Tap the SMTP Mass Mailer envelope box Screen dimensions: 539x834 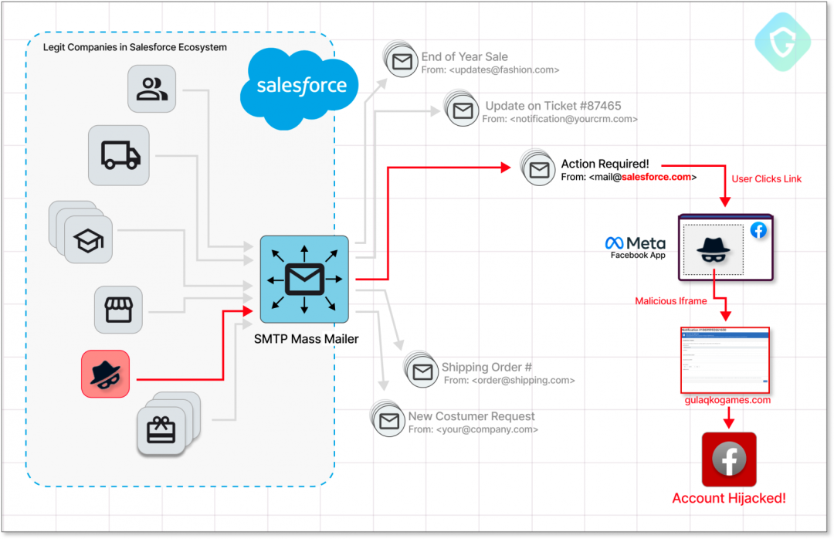(x=304, y=279)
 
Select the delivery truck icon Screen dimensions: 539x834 (x=120, y=155)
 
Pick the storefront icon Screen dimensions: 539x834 (x=119, y=310)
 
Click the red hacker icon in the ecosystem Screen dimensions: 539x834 (x=106, y=374)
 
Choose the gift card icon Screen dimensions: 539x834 (x=161, y=430)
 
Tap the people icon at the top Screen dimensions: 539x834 (x=151, y=88)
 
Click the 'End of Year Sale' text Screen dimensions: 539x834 (x=464, y=56)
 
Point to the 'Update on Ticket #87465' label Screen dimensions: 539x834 (x=553, y=106)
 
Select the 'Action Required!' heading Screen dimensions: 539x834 (x=605, y=164)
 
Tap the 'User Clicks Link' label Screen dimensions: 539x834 (x=766, y=179)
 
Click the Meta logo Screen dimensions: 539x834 (x=635, y=243)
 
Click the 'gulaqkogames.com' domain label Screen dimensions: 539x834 (x=727, y=400)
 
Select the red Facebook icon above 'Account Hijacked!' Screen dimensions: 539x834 (x=728, y=459)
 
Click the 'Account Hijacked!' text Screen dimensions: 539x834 (x=729, y=498)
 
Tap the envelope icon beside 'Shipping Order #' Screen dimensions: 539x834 (x=422, y=372)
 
